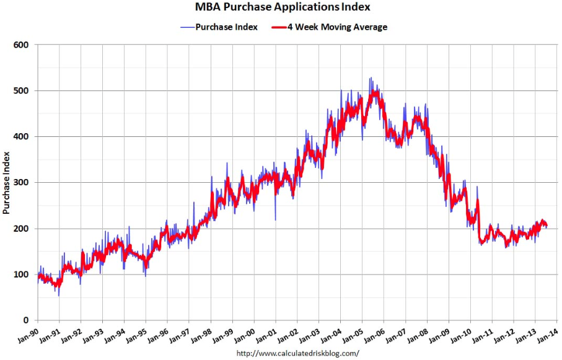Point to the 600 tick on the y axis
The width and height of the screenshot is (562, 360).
(x=22, y=45)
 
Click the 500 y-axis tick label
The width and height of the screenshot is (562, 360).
(x=22, y=90)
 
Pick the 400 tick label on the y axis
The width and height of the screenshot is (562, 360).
(x=22, y=136)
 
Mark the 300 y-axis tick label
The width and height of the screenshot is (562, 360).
(x=22, y=182)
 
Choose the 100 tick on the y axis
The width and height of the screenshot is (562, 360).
(x=22, y=274)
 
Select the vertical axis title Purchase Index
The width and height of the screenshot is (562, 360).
(x=7, y=182)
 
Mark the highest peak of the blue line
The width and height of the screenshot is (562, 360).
(x=370, y=78)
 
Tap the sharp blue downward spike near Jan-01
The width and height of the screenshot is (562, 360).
(x=274, y=219)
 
